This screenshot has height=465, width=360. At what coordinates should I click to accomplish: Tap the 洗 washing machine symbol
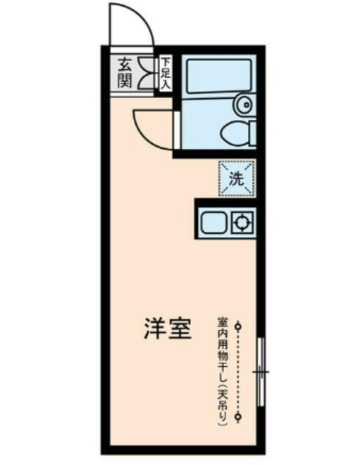point(238,178)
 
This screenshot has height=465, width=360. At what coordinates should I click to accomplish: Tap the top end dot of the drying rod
point(237,326)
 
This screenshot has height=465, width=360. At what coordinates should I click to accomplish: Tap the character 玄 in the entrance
point(124,64)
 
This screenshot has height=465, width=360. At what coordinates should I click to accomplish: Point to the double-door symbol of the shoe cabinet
point(146,72)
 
